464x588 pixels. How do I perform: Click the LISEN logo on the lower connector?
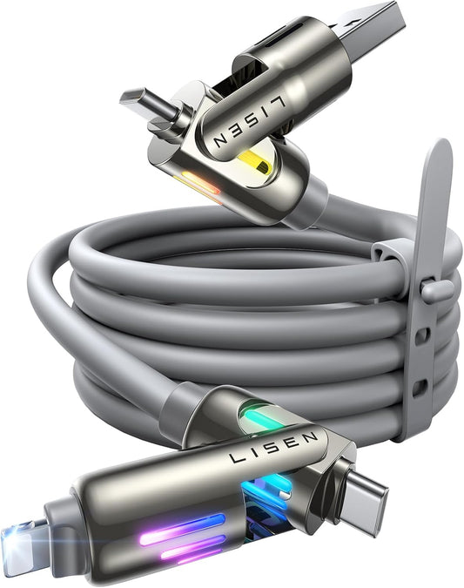click(x=273, y=447)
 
